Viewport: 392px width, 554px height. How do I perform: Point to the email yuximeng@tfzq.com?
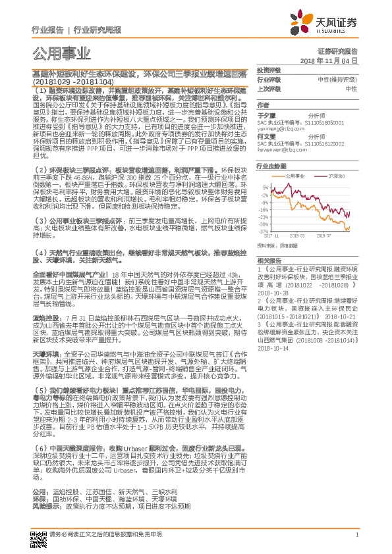coord(278,129)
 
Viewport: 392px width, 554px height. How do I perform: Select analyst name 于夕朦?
coord(266,114)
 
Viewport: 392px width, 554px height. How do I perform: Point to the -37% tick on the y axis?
coord(264,231)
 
